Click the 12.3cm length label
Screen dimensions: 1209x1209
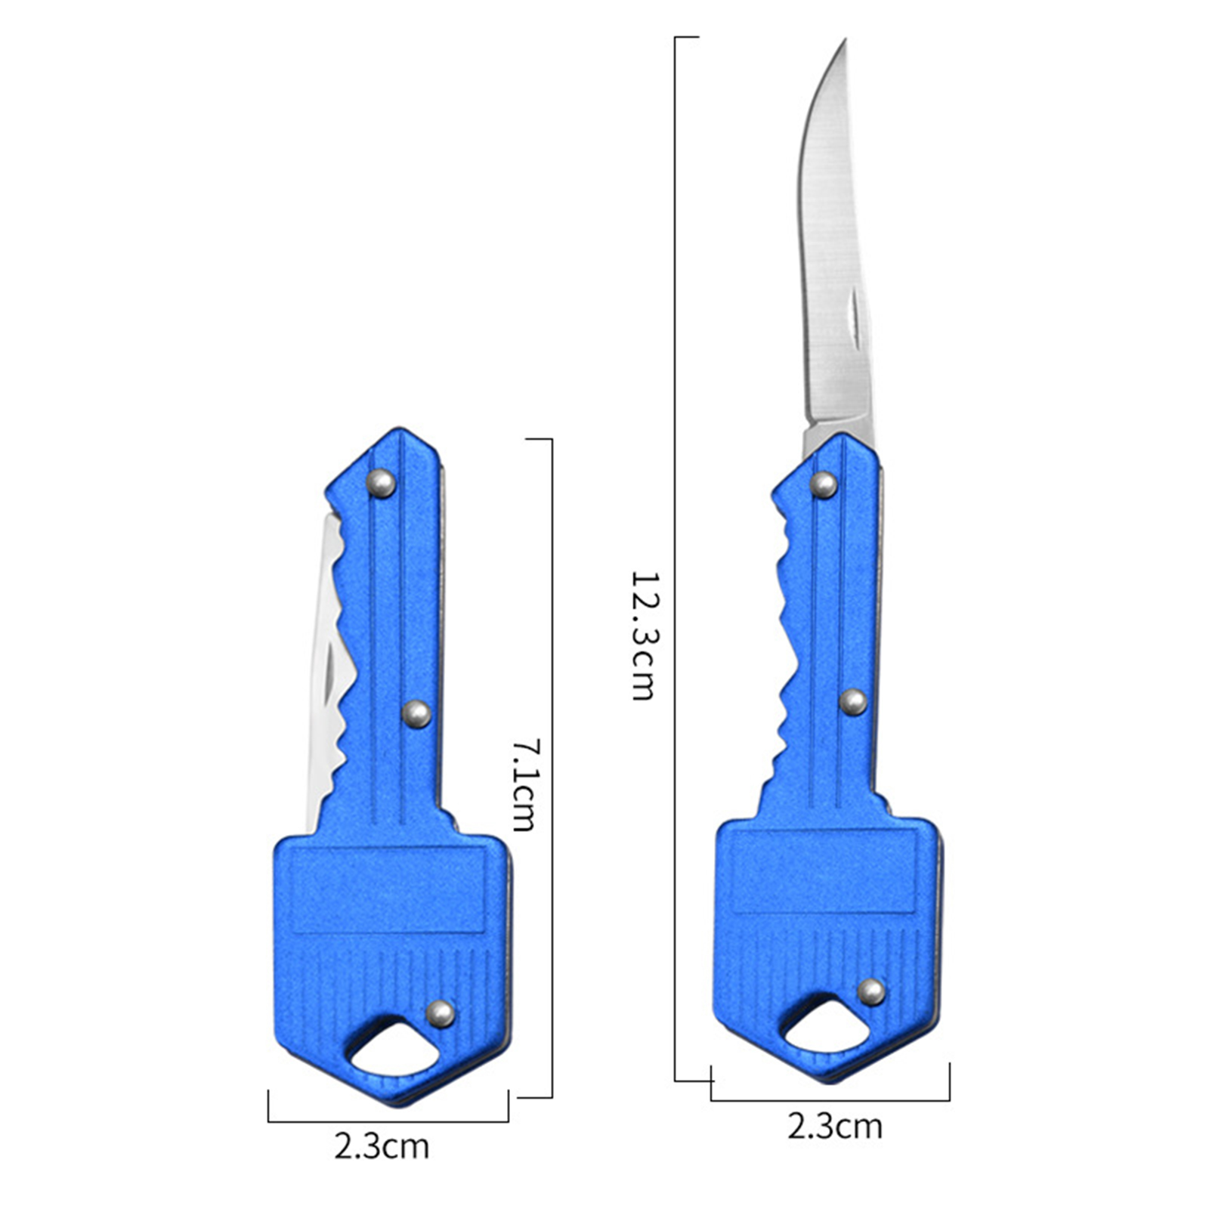point(642,635)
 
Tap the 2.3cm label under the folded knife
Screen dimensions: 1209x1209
point(382,1146)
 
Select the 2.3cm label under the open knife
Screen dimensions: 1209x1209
point(834,1126)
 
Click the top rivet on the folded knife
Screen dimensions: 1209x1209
point(381,483)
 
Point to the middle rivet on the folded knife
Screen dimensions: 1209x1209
point(416,713)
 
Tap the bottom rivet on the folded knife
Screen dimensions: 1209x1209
point(441,1013)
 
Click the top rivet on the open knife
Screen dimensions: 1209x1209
point(824,484)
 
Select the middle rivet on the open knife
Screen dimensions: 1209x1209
point(854,702)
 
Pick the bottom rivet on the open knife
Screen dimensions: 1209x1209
point(871,991)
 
